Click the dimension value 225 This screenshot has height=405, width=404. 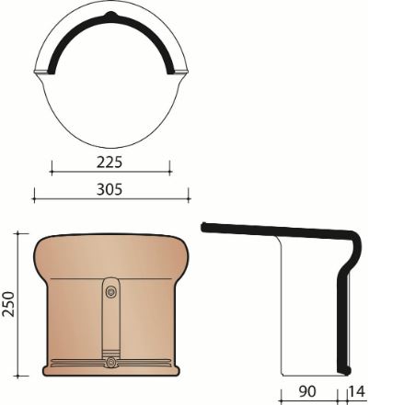[x=110, y=163]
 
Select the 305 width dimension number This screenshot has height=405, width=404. [x=110, y=190]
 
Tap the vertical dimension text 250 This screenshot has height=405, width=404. [x=9, y=304]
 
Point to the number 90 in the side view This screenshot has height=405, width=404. [x=306, y=392]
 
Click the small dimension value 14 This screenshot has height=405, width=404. [x=358, y=392]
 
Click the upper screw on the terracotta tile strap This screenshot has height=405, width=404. [x=110, y=292]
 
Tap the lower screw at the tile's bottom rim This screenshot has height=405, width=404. [x=110, y=363]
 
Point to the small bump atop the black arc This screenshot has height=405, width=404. [x=110, y=17]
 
